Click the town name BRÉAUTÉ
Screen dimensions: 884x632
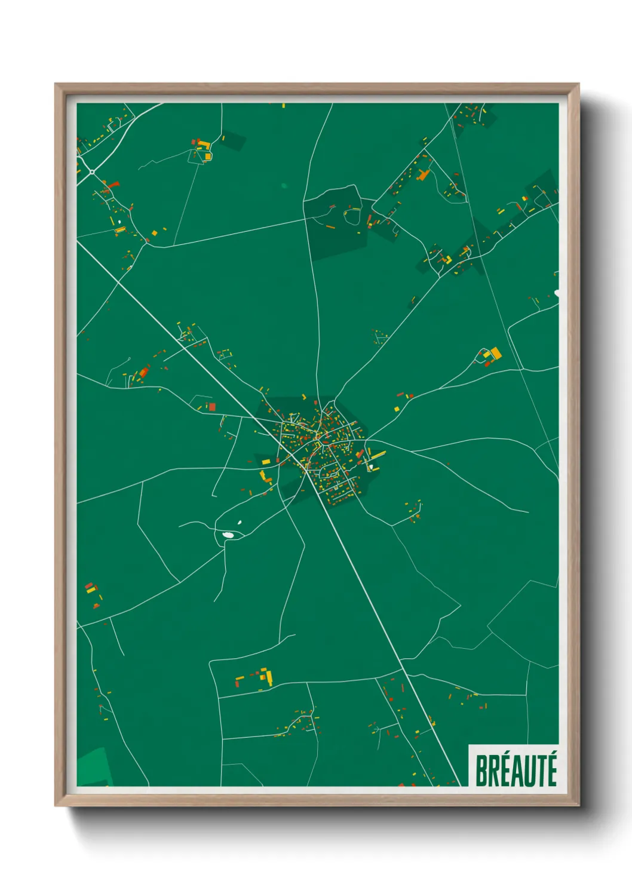(516, 771)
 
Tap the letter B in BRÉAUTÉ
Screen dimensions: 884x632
(481, 771)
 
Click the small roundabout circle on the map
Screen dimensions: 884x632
(92, 172)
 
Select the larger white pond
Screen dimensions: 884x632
(228, 535)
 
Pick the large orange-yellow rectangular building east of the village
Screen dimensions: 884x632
(495, 354)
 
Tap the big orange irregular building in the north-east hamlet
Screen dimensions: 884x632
(424, 174)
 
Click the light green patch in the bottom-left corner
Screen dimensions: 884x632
(94, 767)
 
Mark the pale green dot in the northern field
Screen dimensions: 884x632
(284, 186)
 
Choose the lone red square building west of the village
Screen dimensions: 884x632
(211, 407)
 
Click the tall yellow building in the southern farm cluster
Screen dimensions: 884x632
(269, 676)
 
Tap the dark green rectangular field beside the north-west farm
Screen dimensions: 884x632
(233, 142)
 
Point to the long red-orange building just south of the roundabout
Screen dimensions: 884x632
(110, 185)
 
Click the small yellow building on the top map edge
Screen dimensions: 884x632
(283, 106)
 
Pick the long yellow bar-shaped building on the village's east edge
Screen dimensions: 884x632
(378, 455)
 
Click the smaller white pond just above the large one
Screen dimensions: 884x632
(240, 523)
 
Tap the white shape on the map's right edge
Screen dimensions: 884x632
(557, 293)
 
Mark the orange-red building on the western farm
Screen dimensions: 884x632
(143, 373)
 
